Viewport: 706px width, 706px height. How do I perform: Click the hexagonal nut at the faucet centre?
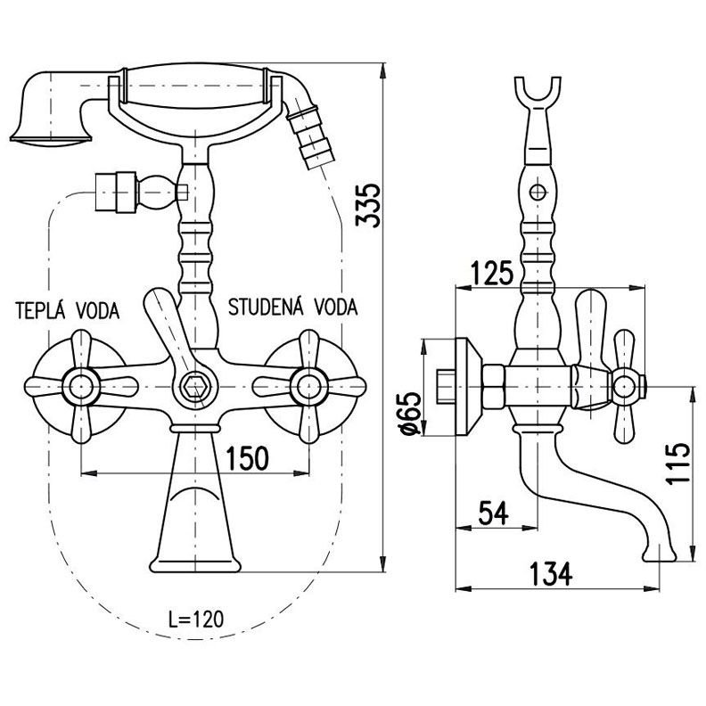pos(193,386)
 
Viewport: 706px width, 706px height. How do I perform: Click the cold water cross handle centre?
pos(308,386)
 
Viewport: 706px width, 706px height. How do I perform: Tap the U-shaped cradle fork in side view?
pos(538,98)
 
